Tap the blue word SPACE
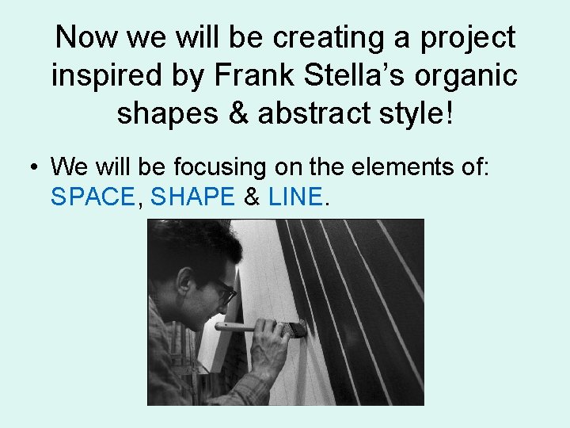(x=93, y=197)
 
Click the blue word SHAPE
(x=192, y=197)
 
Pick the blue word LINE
(x=296, y=197)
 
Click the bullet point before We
(x=32, y=167)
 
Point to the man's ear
(x=186, y=282)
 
